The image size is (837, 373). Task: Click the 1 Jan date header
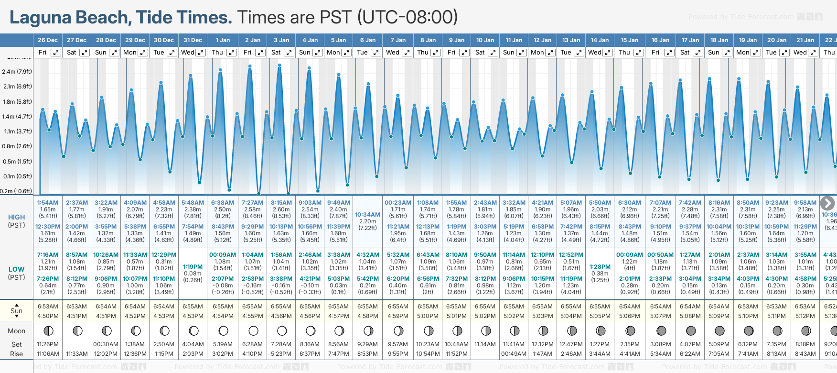click(223, 40)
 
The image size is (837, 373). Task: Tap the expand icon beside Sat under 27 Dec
click(84, 53)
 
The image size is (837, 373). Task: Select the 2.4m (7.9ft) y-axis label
click(17, 72)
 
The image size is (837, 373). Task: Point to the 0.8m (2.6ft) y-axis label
click(17, 146)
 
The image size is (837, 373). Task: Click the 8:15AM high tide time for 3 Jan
click(281, 203)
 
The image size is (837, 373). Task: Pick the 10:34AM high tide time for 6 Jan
click(367, 215)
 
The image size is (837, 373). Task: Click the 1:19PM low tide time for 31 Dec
click(193, 267)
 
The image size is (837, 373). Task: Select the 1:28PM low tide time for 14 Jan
click(600, 267)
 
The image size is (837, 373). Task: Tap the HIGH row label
click(16, 217)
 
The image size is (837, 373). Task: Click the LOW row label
click(16, 269)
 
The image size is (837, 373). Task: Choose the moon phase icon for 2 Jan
click(253, 330)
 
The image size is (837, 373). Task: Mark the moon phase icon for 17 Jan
click(691, 330)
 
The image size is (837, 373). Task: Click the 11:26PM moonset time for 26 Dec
click(48, 344)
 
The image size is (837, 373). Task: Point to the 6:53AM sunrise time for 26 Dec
click(48, 307)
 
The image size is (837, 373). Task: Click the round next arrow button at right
click(827, 203)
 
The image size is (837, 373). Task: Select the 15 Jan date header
click(629, 40)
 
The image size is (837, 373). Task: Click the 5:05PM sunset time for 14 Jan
click(600, 316)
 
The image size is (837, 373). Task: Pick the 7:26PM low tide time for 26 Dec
click(48, 279)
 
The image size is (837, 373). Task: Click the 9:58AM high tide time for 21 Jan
click(805, 203)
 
